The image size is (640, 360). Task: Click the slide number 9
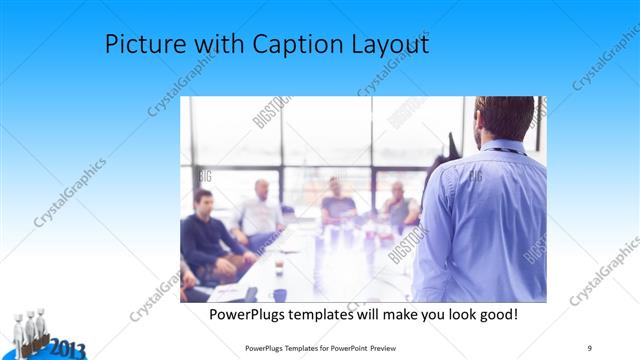point(590,347)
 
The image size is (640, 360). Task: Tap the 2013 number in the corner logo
point(67,349)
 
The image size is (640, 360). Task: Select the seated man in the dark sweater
point(207,235)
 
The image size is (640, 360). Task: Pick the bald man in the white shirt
point(259,211)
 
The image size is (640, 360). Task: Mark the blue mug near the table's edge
point(279,294)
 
